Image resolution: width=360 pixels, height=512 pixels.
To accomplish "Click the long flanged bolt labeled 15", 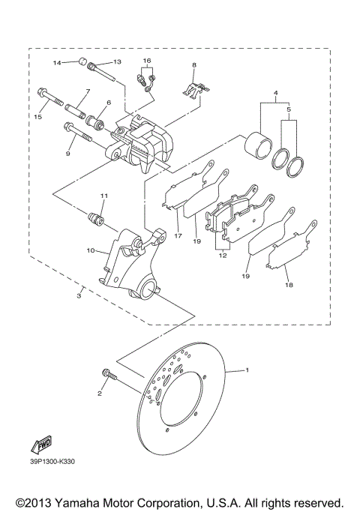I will (x=46, y=98).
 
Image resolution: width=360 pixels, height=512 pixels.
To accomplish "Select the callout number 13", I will (x=117, y=61).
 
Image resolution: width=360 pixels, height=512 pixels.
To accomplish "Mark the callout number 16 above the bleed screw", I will (x=147, y=59).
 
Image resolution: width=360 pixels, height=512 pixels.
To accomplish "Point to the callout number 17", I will (x=178, y=235).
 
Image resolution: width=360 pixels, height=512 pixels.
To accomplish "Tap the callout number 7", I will (x=87, y=91).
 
